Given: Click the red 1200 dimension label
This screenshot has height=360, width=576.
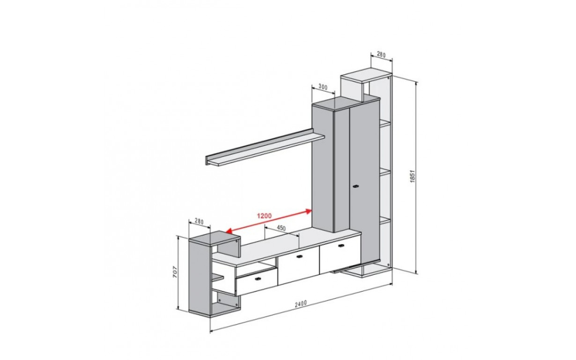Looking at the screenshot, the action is point(264,216).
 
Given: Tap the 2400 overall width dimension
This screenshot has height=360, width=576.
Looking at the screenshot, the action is point(301,304).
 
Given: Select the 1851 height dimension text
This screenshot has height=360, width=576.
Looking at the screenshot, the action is point(413,176).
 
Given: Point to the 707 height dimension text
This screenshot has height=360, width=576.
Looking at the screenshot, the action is point(175,272).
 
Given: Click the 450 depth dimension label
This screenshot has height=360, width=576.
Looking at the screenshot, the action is point(281,228).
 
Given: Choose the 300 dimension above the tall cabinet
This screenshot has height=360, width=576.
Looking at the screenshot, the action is point(323,87).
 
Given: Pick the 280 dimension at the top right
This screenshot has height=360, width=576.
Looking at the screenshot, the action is point(381,54).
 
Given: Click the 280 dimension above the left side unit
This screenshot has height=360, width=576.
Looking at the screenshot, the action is point(199,221).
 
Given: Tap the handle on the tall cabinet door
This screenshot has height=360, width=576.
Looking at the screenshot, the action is point(356,186).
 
